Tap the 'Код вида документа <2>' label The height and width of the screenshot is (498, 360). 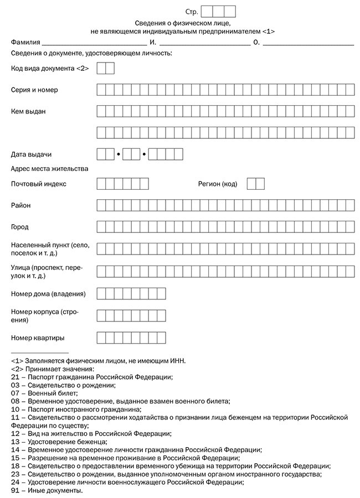click(x=50, y=69)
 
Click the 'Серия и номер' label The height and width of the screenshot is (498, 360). click(x=34, y=90)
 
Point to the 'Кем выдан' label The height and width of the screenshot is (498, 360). click(x=28, y=111)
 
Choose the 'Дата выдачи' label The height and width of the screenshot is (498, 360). click(x=32, y=154)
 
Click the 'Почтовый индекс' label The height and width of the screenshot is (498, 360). click(x=39, y=184)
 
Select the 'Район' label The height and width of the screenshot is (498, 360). click(x=21, y=206)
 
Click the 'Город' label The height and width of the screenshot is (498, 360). click(x=20, y=227)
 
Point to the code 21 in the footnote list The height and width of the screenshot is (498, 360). click(x=15, y=377)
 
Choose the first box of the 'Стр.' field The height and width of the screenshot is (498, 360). click(x=207, y=11)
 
